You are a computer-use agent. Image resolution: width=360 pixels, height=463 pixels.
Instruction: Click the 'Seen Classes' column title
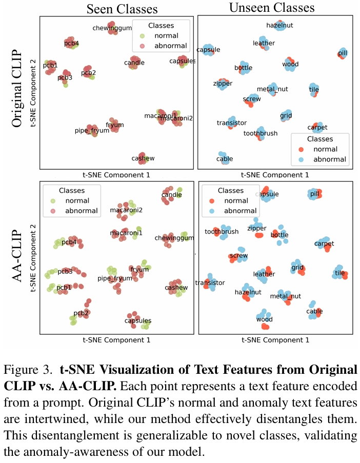[x=122, y=8]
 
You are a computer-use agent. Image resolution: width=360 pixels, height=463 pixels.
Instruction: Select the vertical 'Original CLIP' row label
[x=17, y=89]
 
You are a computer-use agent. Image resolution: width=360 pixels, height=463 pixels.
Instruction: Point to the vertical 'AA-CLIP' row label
[x=17, y=254]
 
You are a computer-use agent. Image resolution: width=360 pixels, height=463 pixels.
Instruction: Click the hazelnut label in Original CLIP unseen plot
[x=279, y=25]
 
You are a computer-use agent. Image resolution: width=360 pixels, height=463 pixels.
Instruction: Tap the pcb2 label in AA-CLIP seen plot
[x=81, y=313]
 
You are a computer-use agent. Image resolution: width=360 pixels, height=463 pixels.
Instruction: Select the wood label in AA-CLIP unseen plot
[x=264, y=319]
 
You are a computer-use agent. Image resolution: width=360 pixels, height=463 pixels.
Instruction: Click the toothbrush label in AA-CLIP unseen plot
[x=222, y=232]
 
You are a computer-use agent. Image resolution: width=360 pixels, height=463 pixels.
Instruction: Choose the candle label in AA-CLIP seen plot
[x=171, y=195]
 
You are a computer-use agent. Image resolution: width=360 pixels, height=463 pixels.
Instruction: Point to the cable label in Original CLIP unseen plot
[x=224, y=159]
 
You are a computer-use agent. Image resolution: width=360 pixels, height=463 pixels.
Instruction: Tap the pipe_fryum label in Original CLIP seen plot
[x=93, y=131]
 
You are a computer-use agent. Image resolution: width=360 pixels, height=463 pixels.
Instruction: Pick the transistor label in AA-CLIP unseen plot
[x=213, y=283]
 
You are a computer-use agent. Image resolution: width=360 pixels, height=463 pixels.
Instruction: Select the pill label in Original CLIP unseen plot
[x=343, y=53]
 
